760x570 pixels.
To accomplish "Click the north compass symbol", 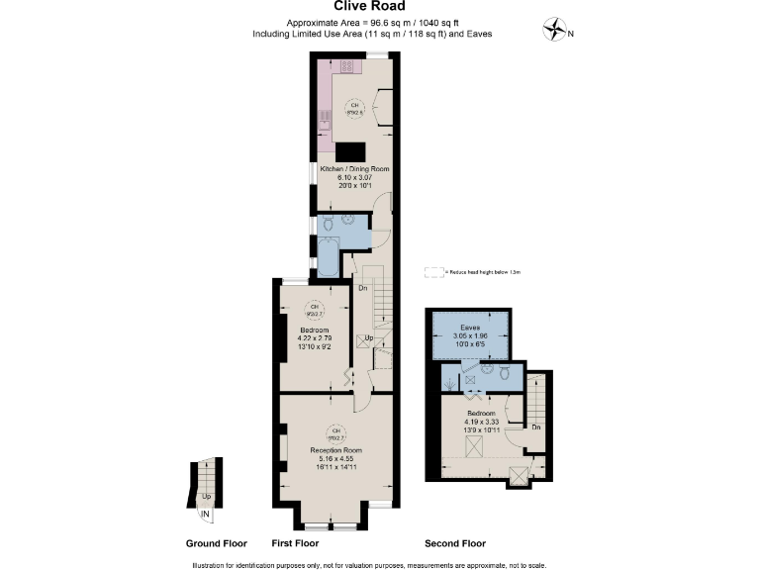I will coord(556,31).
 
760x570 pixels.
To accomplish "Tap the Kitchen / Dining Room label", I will coord(353,169).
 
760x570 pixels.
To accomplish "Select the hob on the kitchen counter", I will coord(349,66).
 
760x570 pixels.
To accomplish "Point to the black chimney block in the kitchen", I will coord(350,151).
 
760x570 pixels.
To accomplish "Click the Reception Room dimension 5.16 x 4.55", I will coord(335,458).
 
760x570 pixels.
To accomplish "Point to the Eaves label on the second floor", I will coord(470,327).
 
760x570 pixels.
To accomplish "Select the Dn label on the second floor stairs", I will coord(534,427).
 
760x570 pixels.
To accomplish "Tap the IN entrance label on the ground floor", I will coord(205,515).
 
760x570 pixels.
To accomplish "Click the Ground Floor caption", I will coord(216,544).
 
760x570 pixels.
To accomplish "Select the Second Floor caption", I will coord(454,544).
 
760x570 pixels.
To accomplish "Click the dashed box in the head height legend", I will coord(432,270).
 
